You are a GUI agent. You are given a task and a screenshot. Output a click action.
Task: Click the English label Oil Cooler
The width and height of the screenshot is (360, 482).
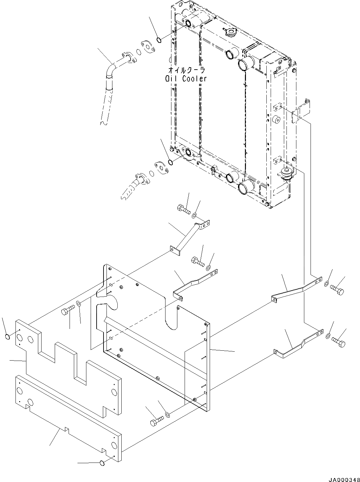[186, 79]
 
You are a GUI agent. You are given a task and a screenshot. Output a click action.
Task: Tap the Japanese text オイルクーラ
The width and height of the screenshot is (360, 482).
[186, 70]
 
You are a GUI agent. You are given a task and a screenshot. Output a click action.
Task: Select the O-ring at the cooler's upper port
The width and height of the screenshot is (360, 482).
[159, 40]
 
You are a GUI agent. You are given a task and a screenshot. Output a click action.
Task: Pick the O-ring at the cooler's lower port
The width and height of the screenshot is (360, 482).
[170, 162]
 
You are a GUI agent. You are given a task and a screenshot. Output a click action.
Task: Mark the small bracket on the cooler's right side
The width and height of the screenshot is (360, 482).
[302, 110]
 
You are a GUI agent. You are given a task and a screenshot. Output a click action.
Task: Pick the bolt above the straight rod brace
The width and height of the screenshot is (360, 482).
[184, 209]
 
